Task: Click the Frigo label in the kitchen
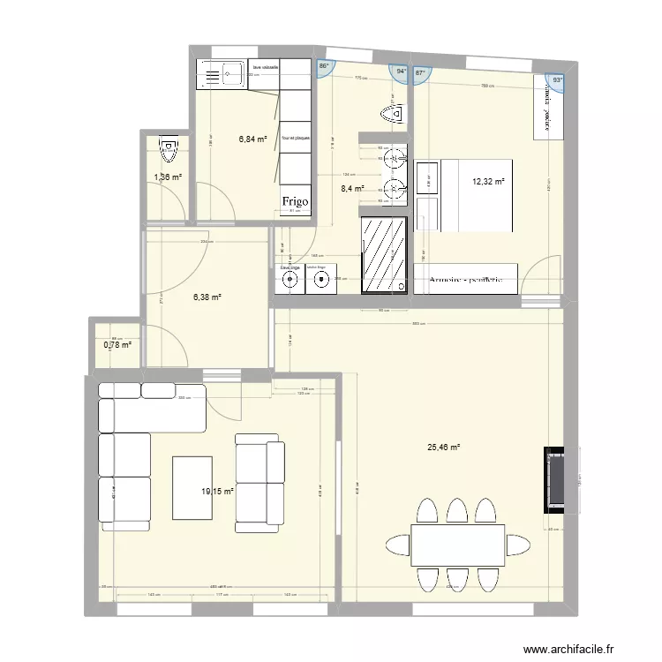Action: [x=294, y=202]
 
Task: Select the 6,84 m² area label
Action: [x=252, y=139]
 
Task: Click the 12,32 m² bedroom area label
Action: [x=488, y=182]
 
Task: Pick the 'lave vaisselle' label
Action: [x=266, y=67]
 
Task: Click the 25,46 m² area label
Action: [x=444, y=448]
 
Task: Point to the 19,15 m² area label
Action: [x=217, y=492]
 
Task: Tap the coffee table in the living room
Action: [x=192, y=486]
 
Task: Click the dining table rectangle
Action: [x=456, y=545]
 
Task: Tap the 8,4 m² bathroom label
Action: [x=353, y=188]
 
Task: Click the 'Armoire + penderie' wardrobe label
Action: [x=466, y=280]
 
